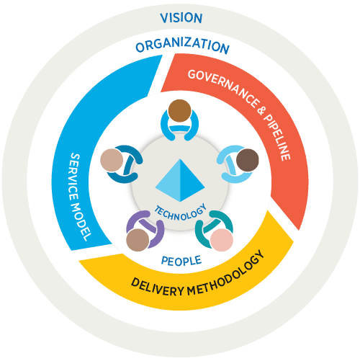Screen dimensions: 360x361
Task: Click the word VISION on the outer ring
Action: pos(181,18)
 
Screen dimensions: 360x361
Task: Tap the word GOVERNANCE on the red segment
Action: pos(224,87)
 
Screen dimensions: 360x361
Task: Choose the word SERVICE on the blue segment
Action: pos(74,177)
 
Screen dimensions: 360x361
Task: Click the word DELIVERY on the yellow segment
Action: pos(157,287)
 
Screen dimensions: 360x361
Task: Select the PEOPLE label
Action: pos(181,261)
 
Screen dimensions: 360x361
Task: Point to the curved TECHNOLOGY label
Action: pos(181,213)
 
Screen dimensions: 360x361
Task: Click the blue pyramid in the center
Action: pos(180,180)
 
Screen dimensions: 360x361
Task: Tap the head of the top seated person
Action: pos(179,111)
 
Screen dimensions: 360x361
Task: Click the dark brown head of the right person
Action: pos(248,160)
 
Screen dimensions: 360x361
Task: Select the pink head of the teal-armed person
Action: pos(222,240)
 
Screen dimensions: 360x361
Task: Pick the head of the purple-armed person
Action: pos(138,240)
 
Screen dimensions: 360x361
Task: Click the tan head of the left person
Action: pos(112,160)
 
